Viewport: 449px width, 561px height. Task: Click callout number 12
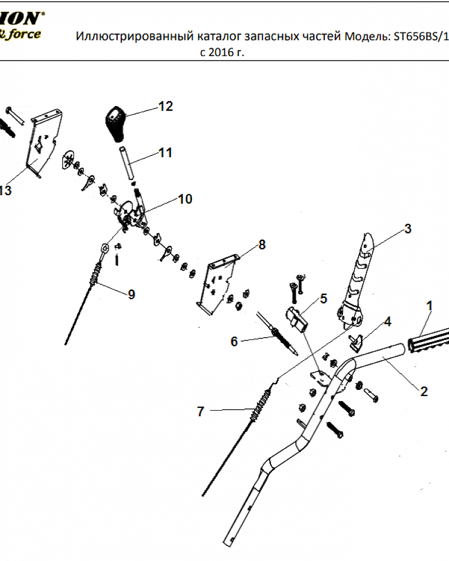pos(166,106)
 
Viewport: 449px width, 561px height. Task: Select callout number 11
pos(166,153)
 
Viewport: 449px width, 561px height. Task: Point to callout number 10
pos(185,199)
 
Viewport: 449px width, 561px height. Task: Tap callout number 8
pos(262,245)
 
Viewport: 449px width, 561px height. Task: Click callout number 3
pos(408,229)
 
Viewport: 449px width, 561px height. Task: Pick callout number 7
pos(200,411)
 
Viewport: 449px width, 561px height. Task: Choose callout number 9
pos(131,294)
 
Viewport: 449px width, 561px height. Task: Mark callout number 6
pos(235,341)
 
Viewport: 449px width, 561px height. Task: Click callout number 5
pos(323,298)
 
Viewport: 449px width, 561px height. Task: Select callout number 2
pos(424,391)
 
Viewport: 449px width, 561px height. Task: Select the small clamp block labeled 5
pos(297,320)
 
